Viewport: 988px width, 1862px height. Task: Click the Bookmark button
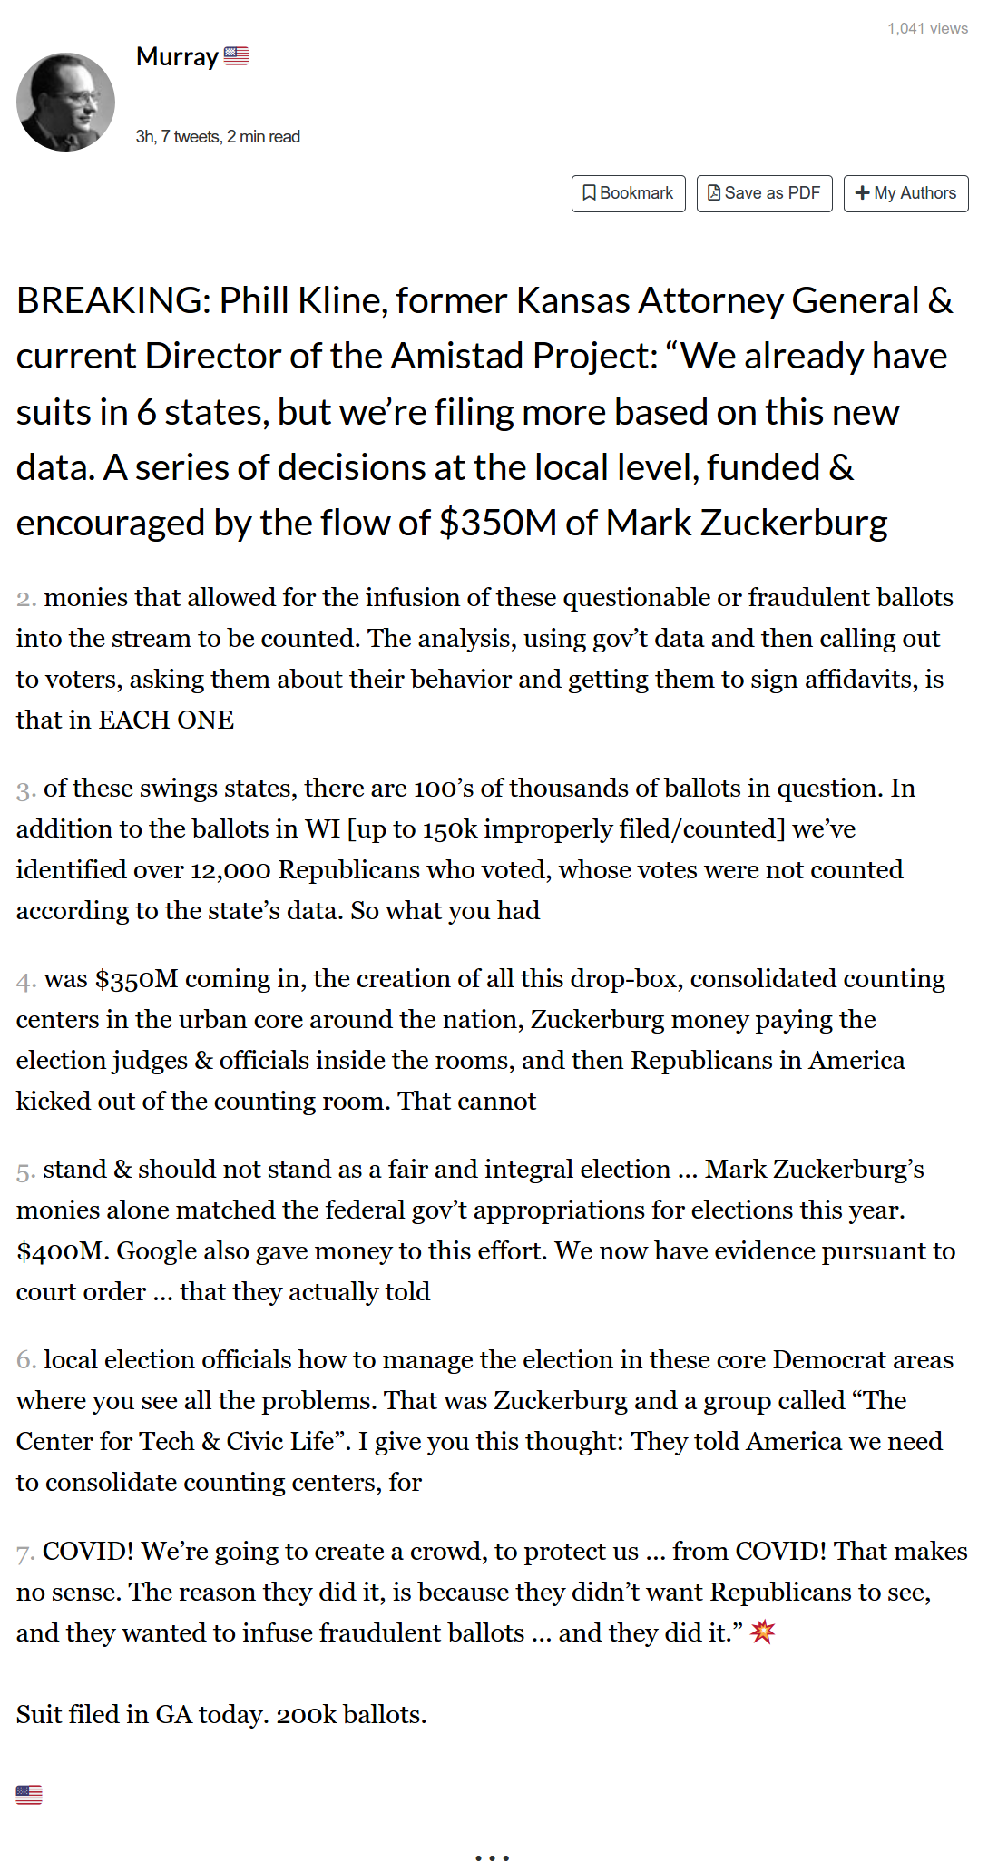pyautogui.click(x=628, y=193)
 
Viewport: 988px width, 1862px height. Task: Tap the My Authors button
pyautogui.click(x=905, y=193)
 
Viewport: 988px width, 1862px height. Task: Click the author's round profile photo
pyautogui.click(x=65, y=102)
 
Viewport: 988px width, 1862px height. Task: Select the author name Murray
pyautogui.click(x=177, y=57)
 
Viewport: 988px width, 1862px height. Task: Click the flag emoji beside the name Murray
pyautogui.click(x=237, y=56)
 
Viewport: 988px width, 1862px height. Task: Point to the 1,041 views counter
pyautogui.click(x=927, y=28)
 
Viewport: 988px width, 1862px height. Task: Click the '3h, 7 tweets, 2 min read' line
pyautogui.click(x=218, y=137)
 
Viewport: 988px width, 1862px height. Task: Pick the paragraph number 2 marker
pyautogui.click(x=26, y=599)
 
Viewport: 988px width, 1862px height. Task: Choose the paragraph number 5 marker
pyautogui.click(x=26, y=1171)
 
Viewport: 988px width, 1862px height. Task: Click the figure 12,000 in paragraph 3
pyautogui.click(x=230, y=869)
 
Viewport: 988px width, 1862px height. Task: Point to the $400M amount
pyautogui.click(x=62, y=1250)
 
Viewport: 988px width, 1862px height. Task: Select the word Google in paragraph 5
pyautogui.click(x=159, y=1250)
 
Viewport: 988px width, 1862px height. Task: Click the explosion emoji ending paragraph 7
pyautogui.click(x=763, y=1632)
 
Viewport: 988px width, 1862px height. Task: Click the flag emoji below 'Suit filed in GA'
pyautogui.click(x=29, y=1794)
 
